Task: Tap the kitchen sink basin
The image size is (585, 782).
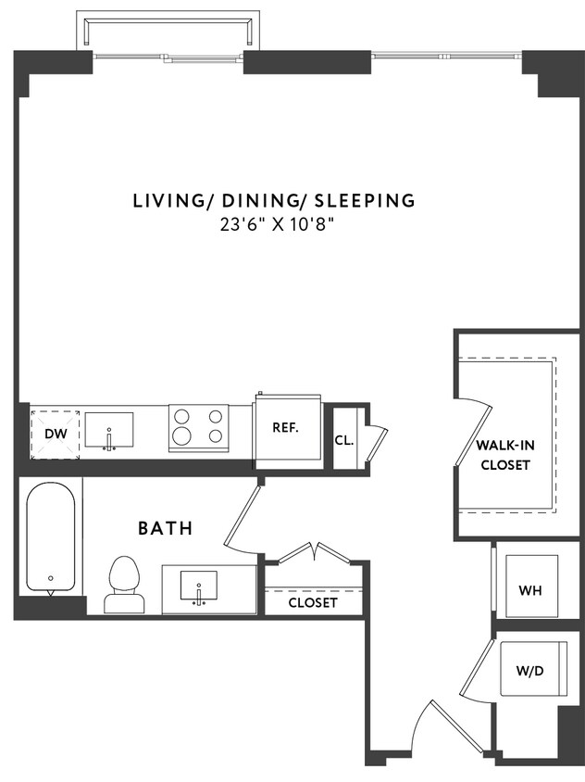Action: pos(109,431)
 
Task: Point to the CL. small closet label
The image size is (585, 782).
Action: pos(343,440)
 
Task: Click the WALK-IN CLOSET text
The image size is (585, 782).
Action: pos(504,455)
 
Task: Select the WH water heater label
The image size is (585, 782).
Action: pos(529,590)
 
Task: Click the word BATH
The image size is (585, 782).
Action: pos(166,529)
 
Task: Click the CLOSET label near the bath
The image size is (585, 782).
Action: pos(312,602)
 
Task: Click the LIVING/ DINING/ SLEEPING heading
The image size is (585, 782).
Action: pos(273,200)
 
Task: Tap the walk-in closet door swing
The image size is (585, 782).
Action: pos(474,435)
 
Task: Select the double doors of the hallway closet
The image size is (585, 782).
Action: pos(315,552)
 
